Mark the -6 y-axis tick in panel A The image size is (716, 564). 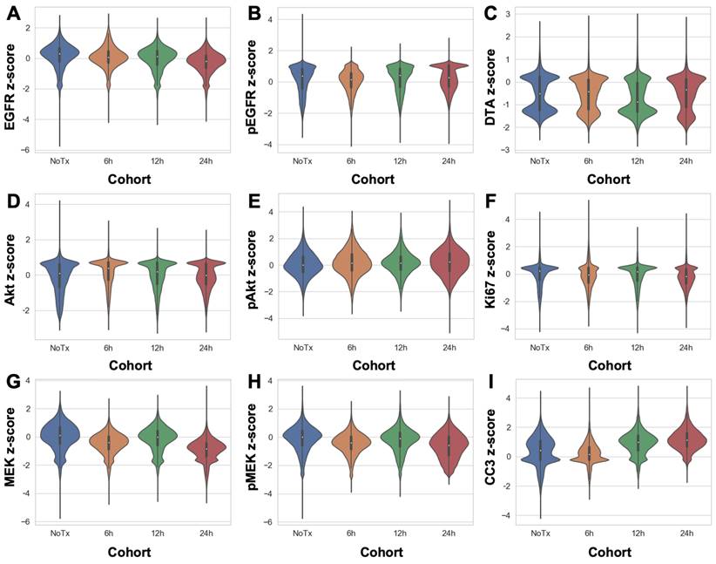(x=28, y=150)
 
